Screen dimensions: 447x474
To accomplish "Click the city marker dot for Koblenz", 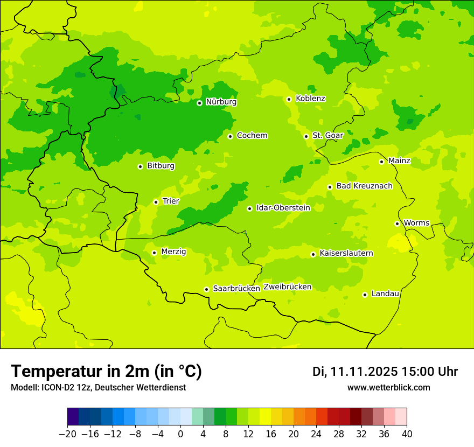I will [289, 99].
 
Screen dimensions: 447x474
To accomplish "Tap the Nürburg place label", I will [221, 102].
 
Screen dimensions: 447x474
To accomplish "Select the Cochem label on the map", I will [252, 136].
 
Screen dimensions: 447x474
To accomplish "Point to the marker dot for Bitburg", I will [140, 166].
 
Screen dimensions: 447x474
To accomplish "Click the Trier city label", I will [171, 201].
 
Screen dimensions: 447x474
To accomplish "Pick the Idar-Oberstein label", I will [283, 208].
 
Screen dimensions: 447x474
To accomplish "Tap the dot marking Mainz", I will [381, 162].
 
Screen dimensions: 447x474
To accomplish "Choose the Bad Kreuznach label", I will [364, 186].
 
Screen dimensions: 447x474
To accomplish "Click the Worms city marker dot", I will [397, 223].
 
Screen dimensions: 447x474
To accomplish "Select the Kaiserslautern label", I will [346, 253].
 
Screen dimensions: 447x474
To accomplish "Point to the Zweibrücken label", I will [287, 287].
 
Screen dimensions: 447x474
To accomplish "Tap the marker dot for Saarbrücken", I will [206, 289].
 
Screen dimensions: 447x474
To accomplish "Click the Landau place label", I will [385, 294].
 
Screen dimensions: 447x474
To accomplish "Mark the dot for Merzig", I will [154, 253].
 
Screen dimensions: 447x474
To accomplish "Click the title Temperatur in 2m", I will [106, 372].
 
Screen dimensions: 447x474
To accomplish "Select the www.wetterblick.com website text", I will [388, 388].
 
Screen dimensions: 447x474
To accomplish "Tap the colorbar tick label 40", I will [407, 434].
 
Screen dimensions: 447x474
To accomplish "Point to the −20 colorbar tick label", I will [67, 434].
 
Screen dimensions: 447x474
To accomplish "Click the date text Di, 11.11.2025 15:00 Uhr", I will [385, 372].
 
